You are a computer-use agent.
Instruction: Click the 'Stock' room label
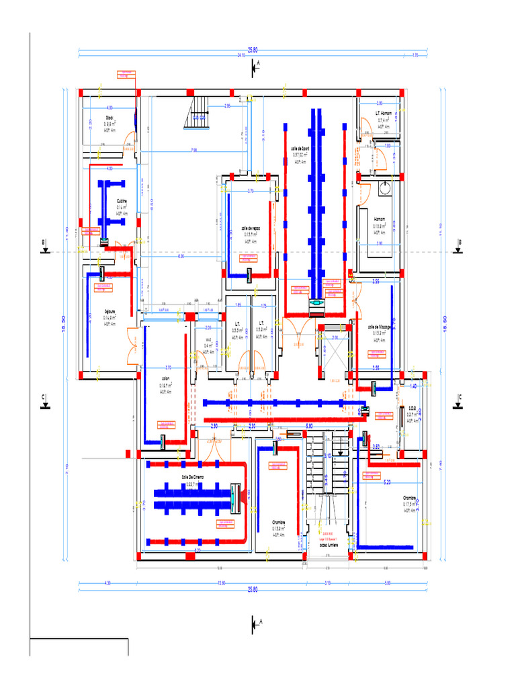109,118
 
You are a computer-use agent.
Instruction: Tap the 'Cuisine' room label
122,201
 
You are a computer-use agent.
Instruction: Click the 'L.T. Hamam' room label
383,114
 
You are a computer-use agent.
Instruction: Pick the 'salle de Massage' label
380,327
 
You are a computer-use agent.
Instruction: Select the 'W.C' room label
209,340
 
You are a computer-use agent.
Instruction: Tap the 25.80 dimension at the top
253,50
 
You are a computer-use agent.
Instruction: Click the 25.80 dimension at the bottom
253,589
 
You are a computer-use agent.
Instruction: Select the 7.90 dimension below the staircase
193,150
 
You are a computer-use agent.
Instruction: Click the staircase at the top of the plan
200,112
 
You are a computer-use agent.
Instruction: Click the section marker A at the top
255,66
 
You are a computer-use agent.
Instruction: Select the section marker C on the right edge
460,400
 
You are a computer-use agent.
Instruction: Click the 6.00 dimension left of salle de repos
181,257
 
